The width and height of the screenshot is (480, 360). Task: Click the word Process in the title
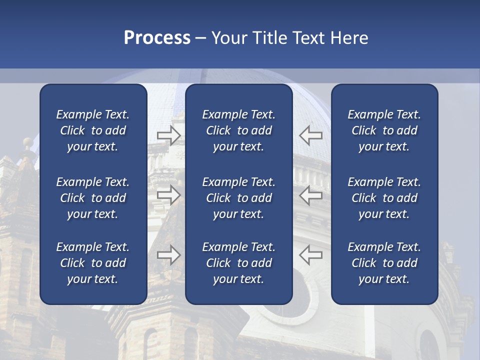(x=157, y=38)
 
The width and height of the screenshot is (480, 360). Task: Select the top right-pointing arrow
(x=168, y=135)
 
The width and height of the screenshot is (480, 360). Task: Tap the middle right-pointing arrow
(x=168, y=195)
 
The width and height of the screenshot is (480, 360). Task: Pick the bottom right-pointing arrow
(x=168, y=255)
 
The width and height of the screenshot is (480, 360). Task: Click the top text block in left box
(x=93, y=130)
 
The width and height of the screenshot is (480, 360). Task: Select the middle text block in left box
(x=93, y=198)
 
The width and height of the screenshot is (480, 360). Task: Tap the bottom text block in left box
(x=93, y=263)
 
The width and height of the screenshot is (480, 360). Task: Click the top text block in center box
(x=239, y=130)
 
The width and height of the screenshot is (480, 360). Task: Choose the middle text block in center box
(x=239, y=198)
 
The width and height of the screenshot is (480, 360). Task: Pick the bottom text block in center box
(x=239, y=263)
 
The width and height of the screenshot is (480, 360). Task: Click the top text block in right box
(x=384, y=130)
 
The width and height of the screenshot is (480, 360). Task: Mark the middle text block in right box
(x=384, y=198)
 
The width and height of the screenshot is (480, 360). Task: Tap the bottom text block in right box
(x=384, y=263)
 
